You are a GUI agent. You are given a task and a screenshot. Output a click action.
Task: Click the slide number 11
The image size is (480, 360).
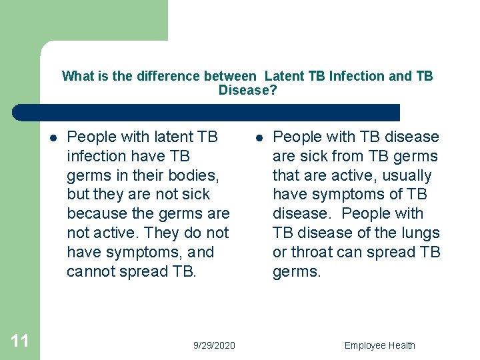[x=20, y=341]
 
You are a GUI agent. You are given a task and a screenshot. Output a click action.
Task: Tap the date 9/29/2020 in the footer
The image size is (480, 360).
[x=214, y=345]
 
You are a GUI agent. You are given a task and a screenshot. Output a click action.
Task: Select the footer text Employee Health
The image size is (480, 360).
[x=379, y=345]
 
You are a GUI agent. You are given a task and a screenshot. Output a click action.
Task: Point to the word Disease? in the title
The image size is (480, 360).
[x=247, y=90]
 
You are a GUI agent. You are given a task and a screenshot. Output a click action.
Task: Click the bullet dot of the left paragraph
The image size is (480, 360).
[x=52, y=138]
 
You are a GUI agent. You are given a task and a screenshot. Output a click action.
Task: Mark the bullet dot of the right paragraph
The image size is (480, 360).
[x=258, y=138]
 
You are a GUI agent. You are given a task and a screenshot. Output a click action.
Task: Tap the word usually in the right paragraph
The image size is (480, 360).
[x=407, y=176]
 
